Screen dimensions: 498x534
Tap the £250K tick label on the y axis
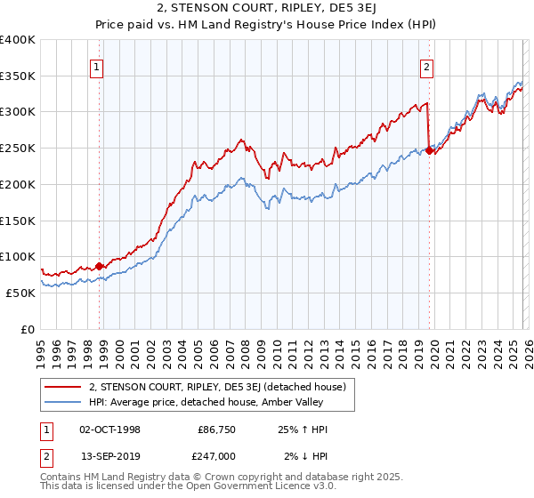[x=18, y=149]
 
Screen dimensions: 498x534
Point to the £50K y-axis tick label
[x=20, y=293]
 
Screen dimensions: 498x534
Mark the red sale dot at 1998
[x=99, y=265]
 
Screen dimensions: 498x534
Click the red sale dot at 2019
[x=429, y=150]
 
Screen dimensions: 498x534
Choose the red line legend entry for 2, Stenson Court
[x=222, y=386]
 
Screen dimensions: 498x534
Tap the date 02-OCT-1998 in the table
[x=109, y=430]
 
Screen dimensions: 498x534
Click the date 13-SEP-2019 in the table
[x=109, y=456]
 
